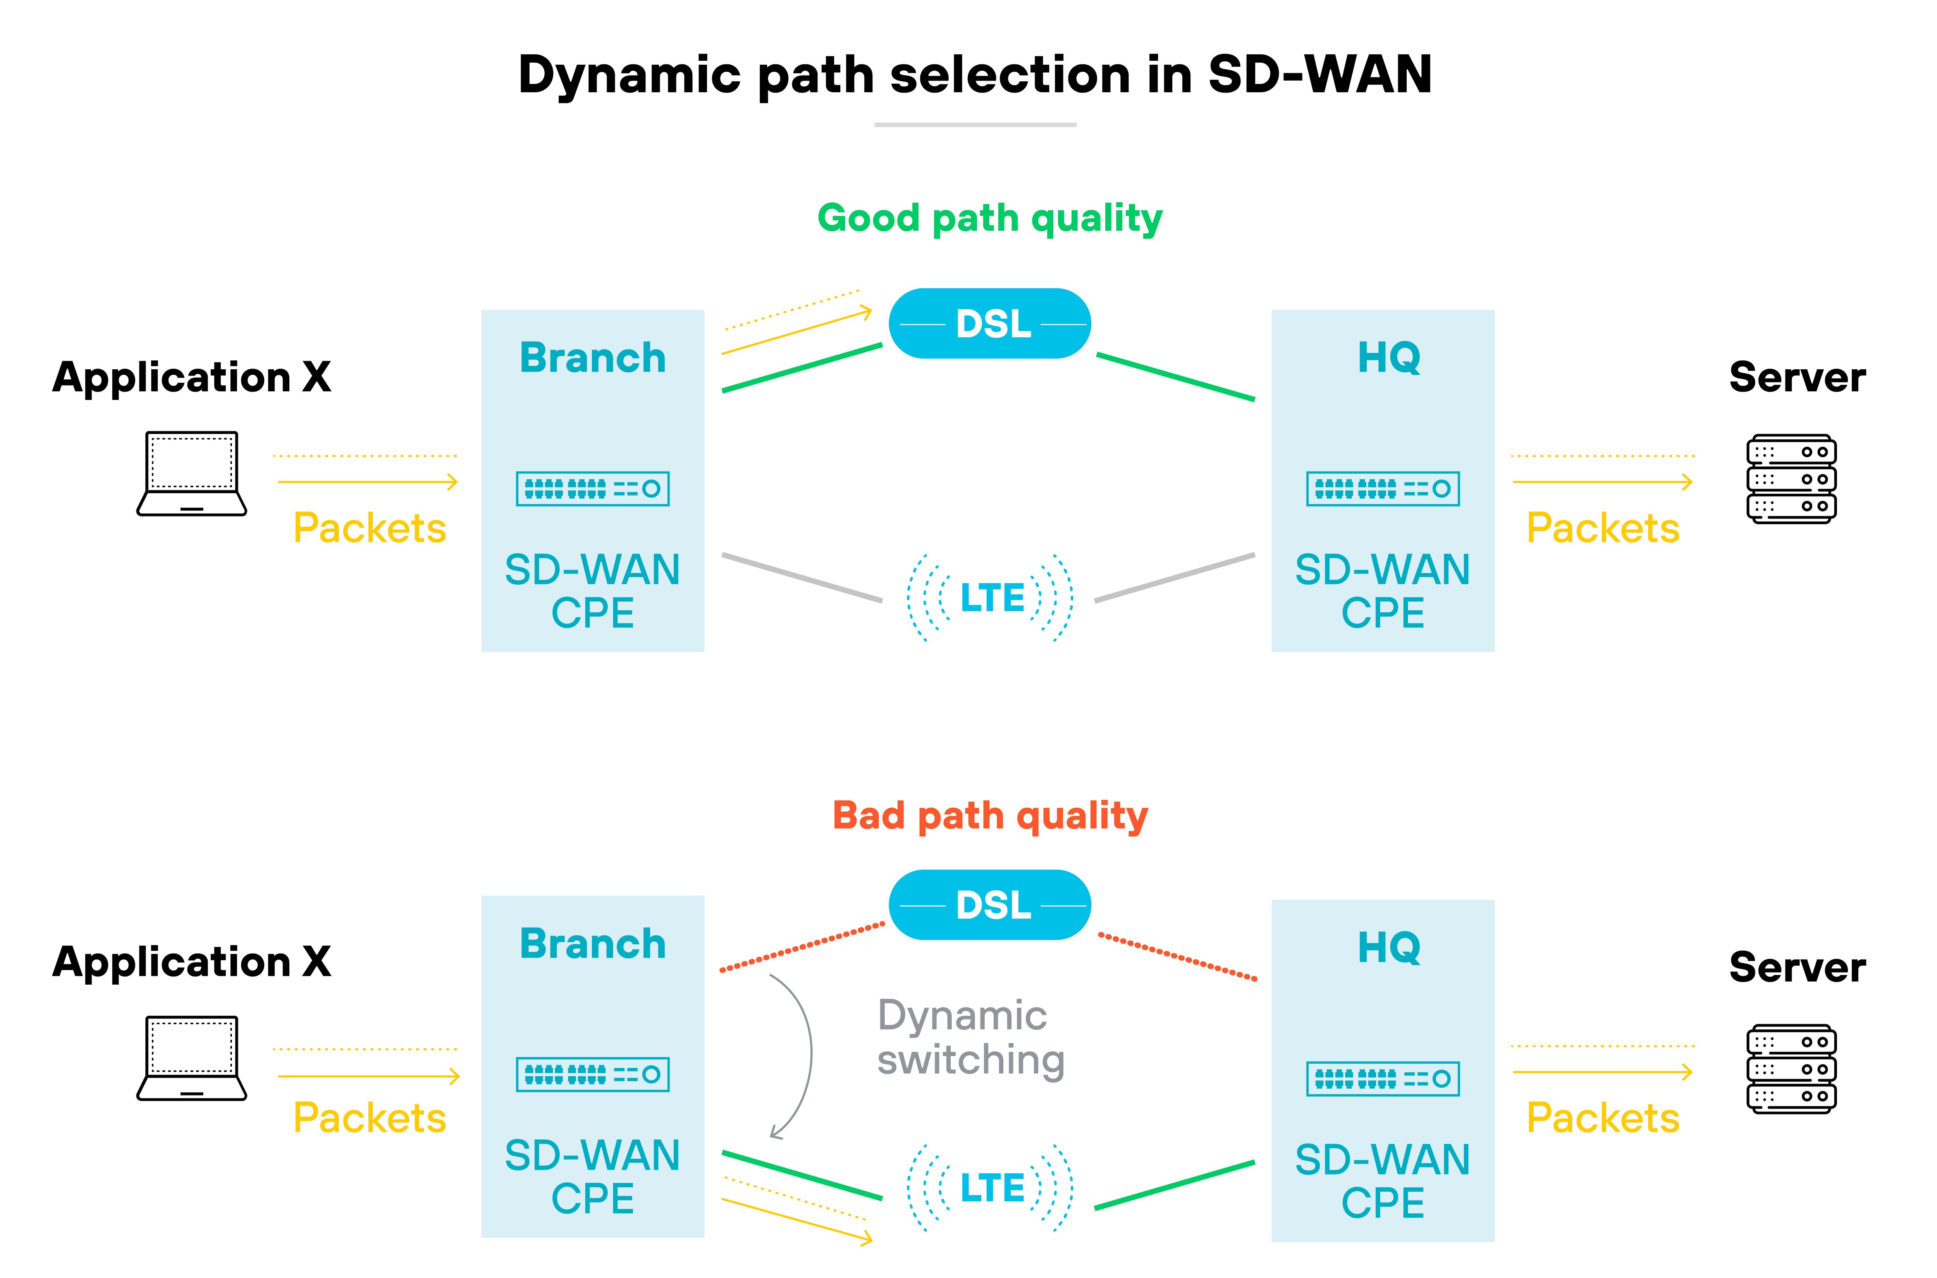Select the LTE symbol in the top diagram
tap(991, 598)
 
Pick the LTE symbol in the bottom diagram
tap(991, 1188)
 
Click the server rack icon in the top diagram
tap(1791, 479)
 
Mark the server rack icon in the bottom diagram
tap(1791, 1068)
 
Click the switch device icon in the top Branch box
tap(592, 489)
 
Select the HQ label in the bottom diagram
tap(1388, 947)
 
